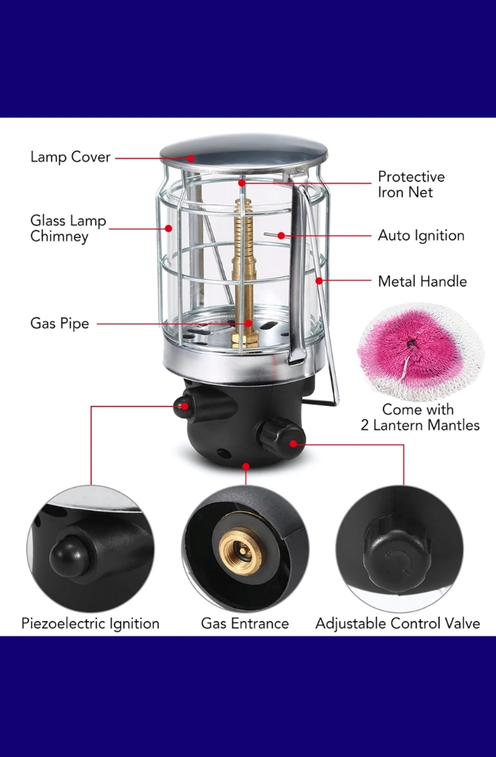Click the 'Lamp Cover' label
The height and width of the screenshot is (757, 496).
tap(70, 157)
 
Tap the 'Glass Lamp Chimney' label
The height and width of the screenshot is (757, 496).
tap(68, 228)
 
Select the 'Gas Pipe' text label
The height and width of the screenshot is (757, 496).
tap(59, 324)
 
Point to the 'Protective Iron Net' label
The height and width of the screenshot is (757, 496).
tap(411, 184)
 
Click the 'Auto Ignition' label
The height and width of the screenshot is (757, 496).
tap(421, 235)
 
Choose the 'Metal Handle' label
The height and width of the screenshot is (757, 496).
tap(422, 281)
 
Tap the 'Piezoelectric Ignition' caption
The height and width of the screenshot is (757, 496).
tap(90, 623)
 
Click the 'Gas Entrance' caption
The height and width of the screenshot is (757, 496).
tap(245, 623)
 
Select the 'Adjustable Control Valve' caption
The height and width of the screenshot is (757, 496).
tap(397, 623)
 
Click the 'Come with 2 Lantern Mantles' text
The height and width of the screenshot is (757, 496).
tap(420, 417)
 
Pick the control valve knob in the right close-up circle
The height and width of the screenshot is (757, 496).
tap(397, 557)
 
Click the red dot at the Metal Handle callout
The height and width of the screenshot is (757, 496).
tap(320, 281)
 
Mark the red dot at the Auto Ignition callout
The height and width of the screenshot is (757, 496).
tap(281, 235)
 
